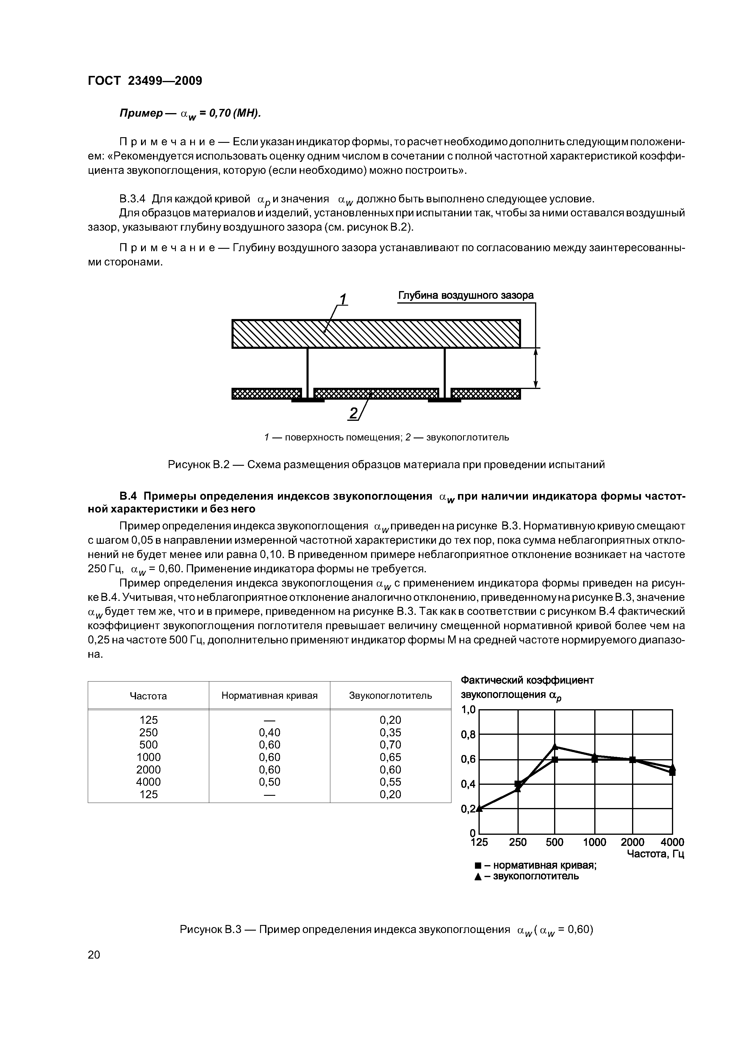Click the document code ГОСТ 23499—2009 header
pyautogui.click(x=145, y=81)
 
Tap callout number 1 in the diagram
pyautogui.click(x=343, y=300)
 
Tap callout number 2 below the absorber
pyautogui.click(x=353, y=413)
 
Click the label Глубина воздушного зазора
pyautogui.click(x=466, y=296)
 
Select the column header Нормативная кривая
pyautogui.click(x=269, y=696)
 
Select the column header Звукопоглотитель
pyautogui.click(x=390, y=696)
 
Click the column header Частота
pyautogui.click(x=148, y=696)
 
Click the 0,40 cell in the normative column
pyautogui.click(x=269, y=732)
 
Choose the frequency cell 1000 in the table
pyautogui.click(x=148, y=757)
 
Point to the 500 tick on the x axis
pyautogui.click(x=554, y=843)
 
